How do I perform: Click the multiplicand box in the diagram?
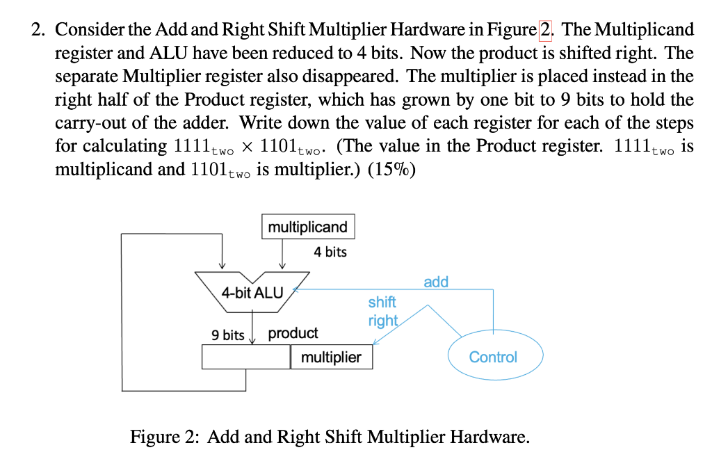coord(307,227)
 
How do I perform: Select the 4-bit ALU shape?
coord(252,291)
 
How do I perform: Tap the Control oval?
coord(493,357)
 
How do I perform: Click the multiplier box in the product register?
coord(331,357)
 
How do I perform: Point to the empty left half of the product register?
coord(245,357)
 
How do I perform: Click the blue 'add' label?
coord(436,282)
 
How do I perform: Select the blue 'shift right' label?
coord(382,311)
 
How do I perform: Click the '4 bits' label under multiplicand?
coord(330,252)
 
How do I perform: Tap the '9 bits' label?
coord(227,335)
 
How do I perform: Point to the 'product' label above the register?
coord(293,333)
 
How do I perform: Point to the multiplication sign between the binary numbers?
coord(246,146)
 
